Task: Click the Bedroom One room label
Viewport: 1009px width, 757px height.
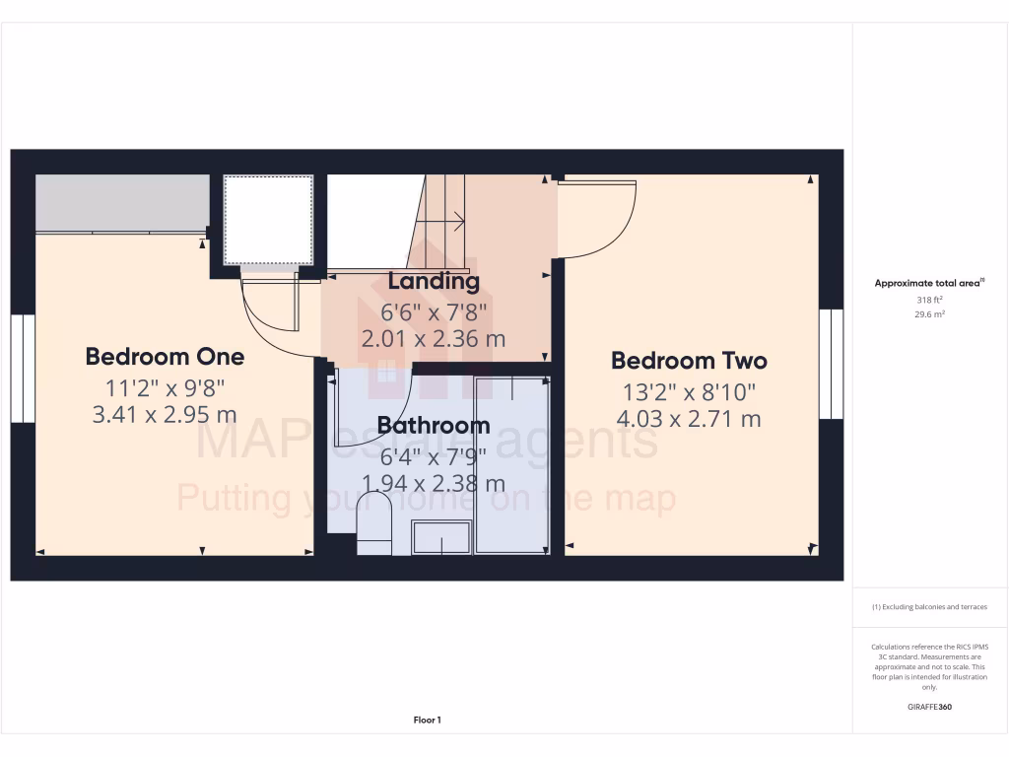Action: click(x=165, y=356)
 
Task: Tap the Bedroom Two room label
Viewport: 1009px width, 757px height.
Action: click(x=689, y=360)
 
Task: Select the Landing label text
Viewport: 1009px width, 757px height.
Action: click(x=434, y=281)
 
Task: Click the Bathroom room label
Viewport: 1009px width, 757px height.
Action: click(x=434, y=426)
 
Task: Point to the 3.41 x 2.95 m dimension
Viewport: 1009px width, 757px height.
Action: click(x=165, y=414)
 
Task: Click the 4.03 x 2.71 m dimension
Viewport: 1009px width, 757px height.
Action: click(x=689, y=419)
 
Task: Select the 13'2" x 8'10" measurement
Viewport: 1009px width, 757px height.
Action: click(x=689, y=391)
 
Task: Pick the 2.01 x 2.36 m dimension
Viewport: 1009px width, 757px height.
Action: click(x=434, y=339)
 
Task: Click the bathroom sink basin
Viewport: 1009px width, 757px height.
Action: click(x=440, y=538)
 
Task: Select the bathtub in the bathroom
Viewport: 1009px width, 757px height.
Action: click(x=511, y=463)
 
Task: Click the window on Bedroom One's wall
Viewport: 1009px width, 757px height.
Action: click(x=23, y=369)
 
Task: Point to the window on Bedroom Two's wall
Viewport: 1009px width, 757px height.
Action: click(x=832, y=364)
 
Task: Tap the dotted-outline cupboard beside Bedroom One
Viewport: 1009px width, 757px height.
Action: click(x=268, y=220)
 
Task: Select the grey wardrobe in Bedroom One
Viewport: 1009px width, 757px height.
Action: click(x=122, y=203)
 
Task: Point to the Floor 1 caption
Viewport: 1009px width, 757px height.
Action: click(x=427, y=721)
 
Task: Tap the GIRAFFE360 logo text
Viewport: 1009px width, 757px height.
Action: click(x=930, y=707)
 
